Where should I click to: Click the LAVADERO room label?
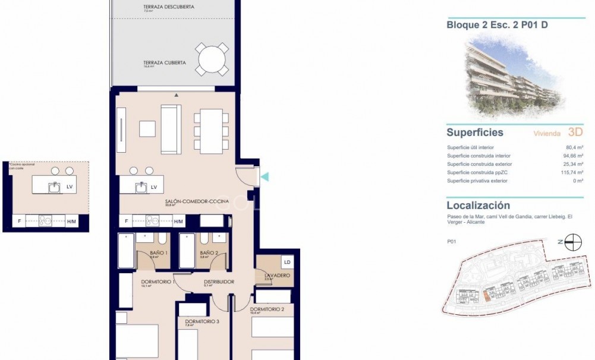277,276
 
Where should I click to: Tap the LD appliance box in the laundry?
287,262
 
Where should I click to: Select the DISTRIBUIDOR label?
219,282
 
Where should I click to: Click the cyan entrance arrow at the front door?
266,176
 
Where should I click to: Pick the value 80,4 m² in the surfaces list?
574,147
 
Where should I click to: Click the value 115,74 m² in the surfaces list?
572,172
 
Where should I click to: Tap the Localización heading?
478,206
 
